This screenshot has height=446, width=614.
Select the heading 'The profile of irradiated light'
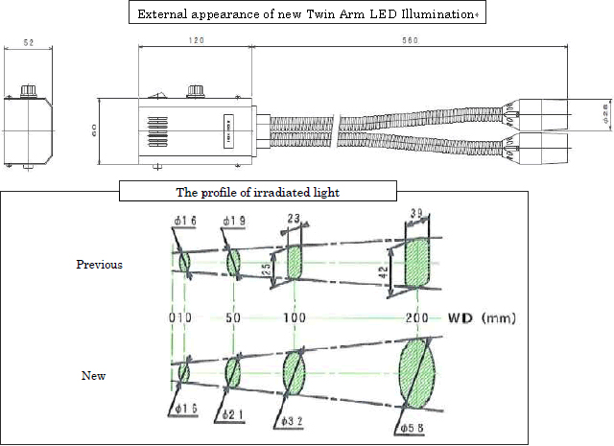click(256, 192)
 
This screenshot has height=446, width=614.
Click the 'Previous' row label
click(99, 265)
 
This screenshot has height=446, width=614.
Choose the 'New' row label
click(93, 376)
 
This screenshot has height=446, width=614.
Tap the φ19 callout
click(235, 221)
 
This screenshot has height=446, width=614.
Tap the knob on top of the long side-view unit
click(197, 90)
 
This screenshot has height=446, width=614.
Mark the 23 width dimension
click(295, 219)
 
